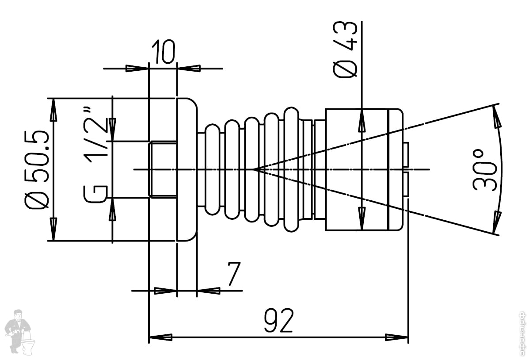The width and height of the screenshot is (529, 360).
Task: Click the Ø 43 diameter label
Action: (x=345, y=50)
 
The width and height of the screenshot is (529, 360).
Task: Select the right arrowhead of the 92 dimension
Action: (x=397, y=337)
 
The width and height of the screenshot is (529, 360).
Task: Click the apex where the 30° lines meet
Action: (x=254, y=169)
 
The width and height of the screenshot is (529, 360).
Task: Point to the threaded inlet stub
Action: (x=163, y=169)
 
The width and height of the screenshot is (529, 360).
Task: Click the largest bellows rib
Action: (x=291, y=169)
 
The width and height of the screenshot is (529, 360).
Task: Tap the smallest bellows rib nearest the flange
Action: (x=212, y=169)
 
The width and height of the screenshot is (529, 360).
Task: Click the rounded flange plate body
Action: (x=186, y=169)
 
